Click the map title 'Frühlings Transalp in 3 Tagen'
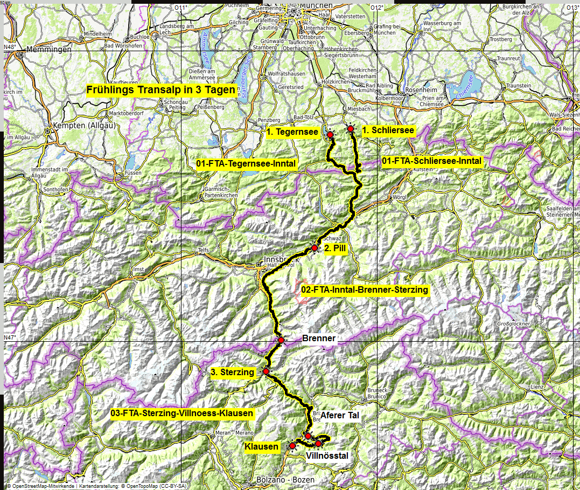[x=161, y=90]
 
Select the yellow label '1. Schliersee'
[x=388, y=130]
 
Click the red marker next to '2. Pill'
[x=315, y=248]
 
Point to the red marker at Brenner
[x=281, y=340]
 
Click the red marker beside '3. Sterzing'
[x=265, y=371]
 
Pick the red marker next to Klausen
[x=292, y=446]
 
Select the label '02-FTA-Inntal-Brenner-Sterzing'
[x=365, y=290]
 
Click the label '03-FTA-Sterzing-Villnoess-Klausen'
[x=181, y=413]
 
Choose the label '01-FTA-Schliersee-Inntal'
[x=431, y=161]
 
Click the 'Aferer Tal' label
[x=340, y=415]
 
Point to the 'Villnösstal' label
[x=327, y=456]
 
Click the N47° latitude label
[x=10, y=337]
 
